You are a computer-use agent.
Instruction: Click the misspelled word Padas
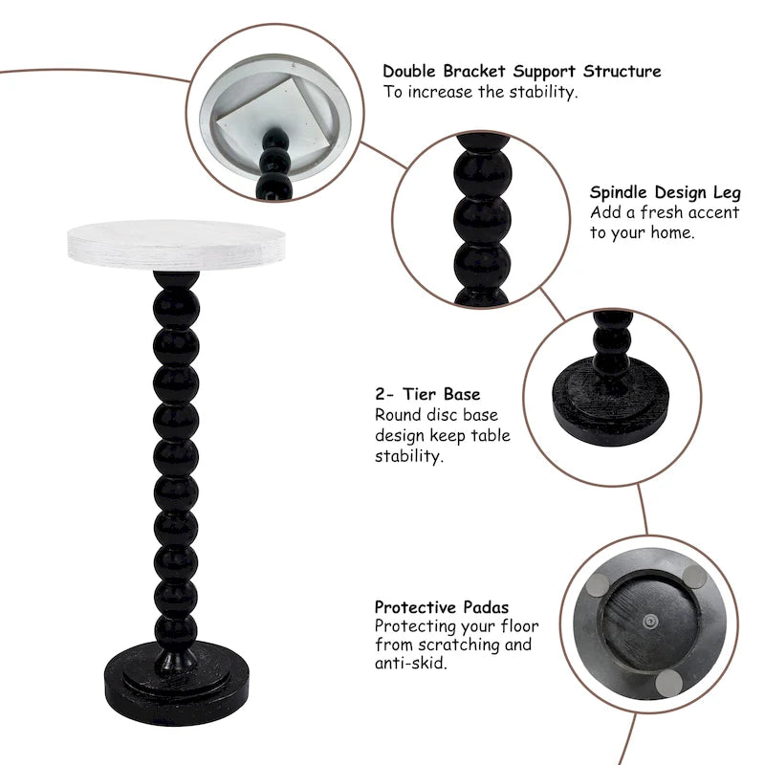[x=485, y=607]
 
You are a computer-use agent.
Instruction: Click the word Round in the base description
[x=397, y=416]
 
